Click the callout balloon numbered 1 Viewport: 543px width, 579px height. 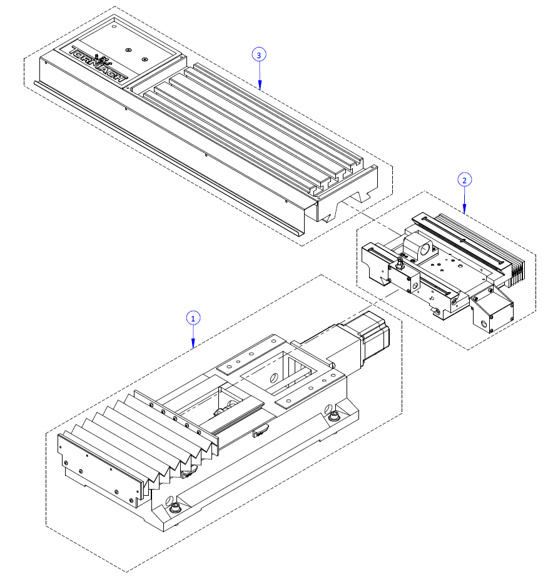[x=193, y=318]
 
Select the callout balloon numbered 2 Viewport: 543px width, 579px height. [x=464, y=180]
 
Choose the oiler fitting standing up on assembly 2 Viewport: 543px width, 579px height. [x=398, y=263]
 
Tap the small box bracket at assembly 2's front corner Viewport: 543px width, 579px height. [x=491, y=313]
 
